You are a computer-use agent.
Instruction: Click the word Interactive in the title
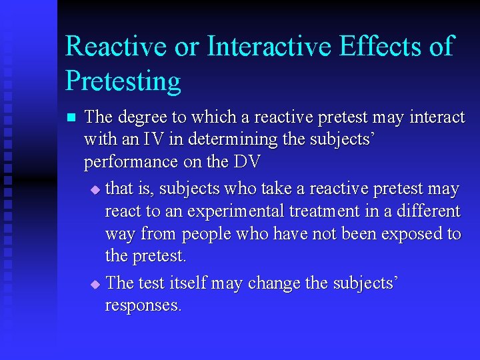pos(269,47)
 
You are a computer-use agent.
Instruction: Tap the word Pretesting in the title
pos(123,81)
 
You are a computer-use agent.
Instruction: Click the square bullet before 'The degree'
pos(71,118)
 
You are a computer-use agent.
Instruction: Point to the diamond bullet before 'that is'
pos(95,190)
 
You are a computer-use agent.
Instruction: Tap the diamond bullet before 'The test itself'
pos(95,284)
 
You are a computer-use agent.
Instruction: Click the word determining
pos(228,140)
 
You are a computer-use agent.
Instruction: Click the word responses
pos(143,305)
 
